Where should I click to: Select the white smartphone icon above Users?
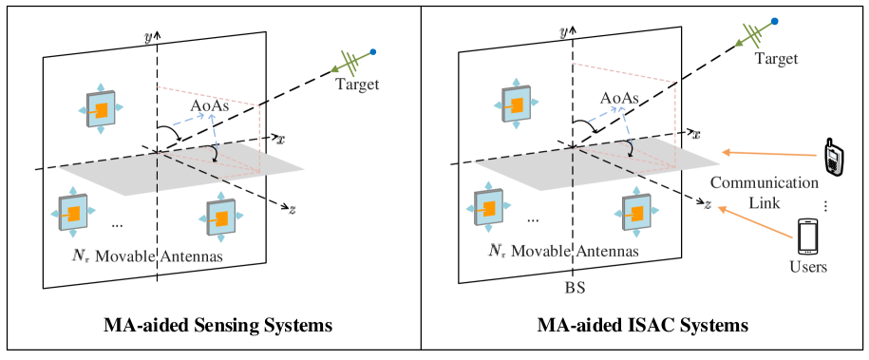[x=807, y=237]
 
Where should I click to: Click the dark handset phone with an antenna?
[x=833, y=159]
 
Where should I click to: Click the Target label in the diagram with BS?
[x=776, y=59]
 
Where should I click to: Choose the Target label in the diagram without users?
[x=357, y=85]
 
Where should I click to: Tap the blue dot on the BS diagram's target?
[x=776, y=20]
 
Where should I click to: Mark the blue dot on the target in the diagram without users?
[x=373, y=51]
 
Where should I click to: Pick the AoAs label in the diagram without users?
[x=209, y=105]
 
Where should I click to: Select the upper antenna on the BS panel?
[x=514, y=103]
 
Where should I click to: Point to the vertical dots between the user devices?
[x=826, y=206]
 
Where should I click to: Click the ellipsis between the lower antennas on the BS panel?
[x=532, y=219]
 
